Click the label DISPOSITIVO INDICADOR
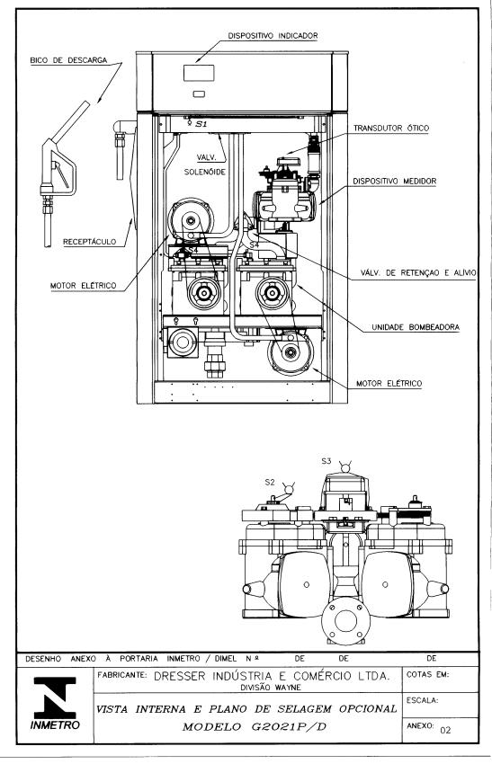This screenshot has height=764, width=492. coord(273,36)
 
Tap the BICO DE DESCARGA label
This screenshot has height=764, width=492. coord(68,60)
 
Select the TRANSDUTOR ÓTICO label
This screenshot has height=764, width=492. coord(391,129)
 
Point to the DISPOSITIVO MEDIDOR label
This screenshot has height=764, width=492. coord(395,181)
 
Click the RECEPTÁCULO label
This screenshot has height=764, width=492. coord(90,241)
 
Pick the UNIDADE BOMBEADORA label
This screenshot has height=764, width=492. coord(416,327)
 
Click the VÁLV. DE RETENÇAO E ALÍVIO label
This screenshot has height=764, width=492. coord(418,273)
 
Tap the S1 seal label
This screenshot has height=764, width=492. coord(201,124)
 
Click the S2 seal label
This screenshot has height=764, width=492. coord(270,482)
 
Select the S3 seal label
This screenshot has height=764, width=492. coord(326,460)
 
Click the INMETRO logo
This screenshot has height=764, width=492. coord(55,702)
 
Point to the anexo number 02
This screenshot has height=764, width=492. coord(445,730)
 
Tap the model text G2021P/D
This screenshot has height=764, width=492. coord(289,727)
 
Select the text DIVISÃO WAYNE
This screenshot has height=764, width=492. coord(271,688)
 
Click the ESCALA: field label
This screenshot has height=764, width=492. coord(422,700)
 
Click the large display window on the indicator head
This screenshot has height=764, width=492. coord(199,73)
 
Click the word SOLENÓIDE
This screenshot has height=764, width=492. coord(205,172)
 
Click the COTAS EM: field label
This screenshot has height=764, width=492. coord(427,675)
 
